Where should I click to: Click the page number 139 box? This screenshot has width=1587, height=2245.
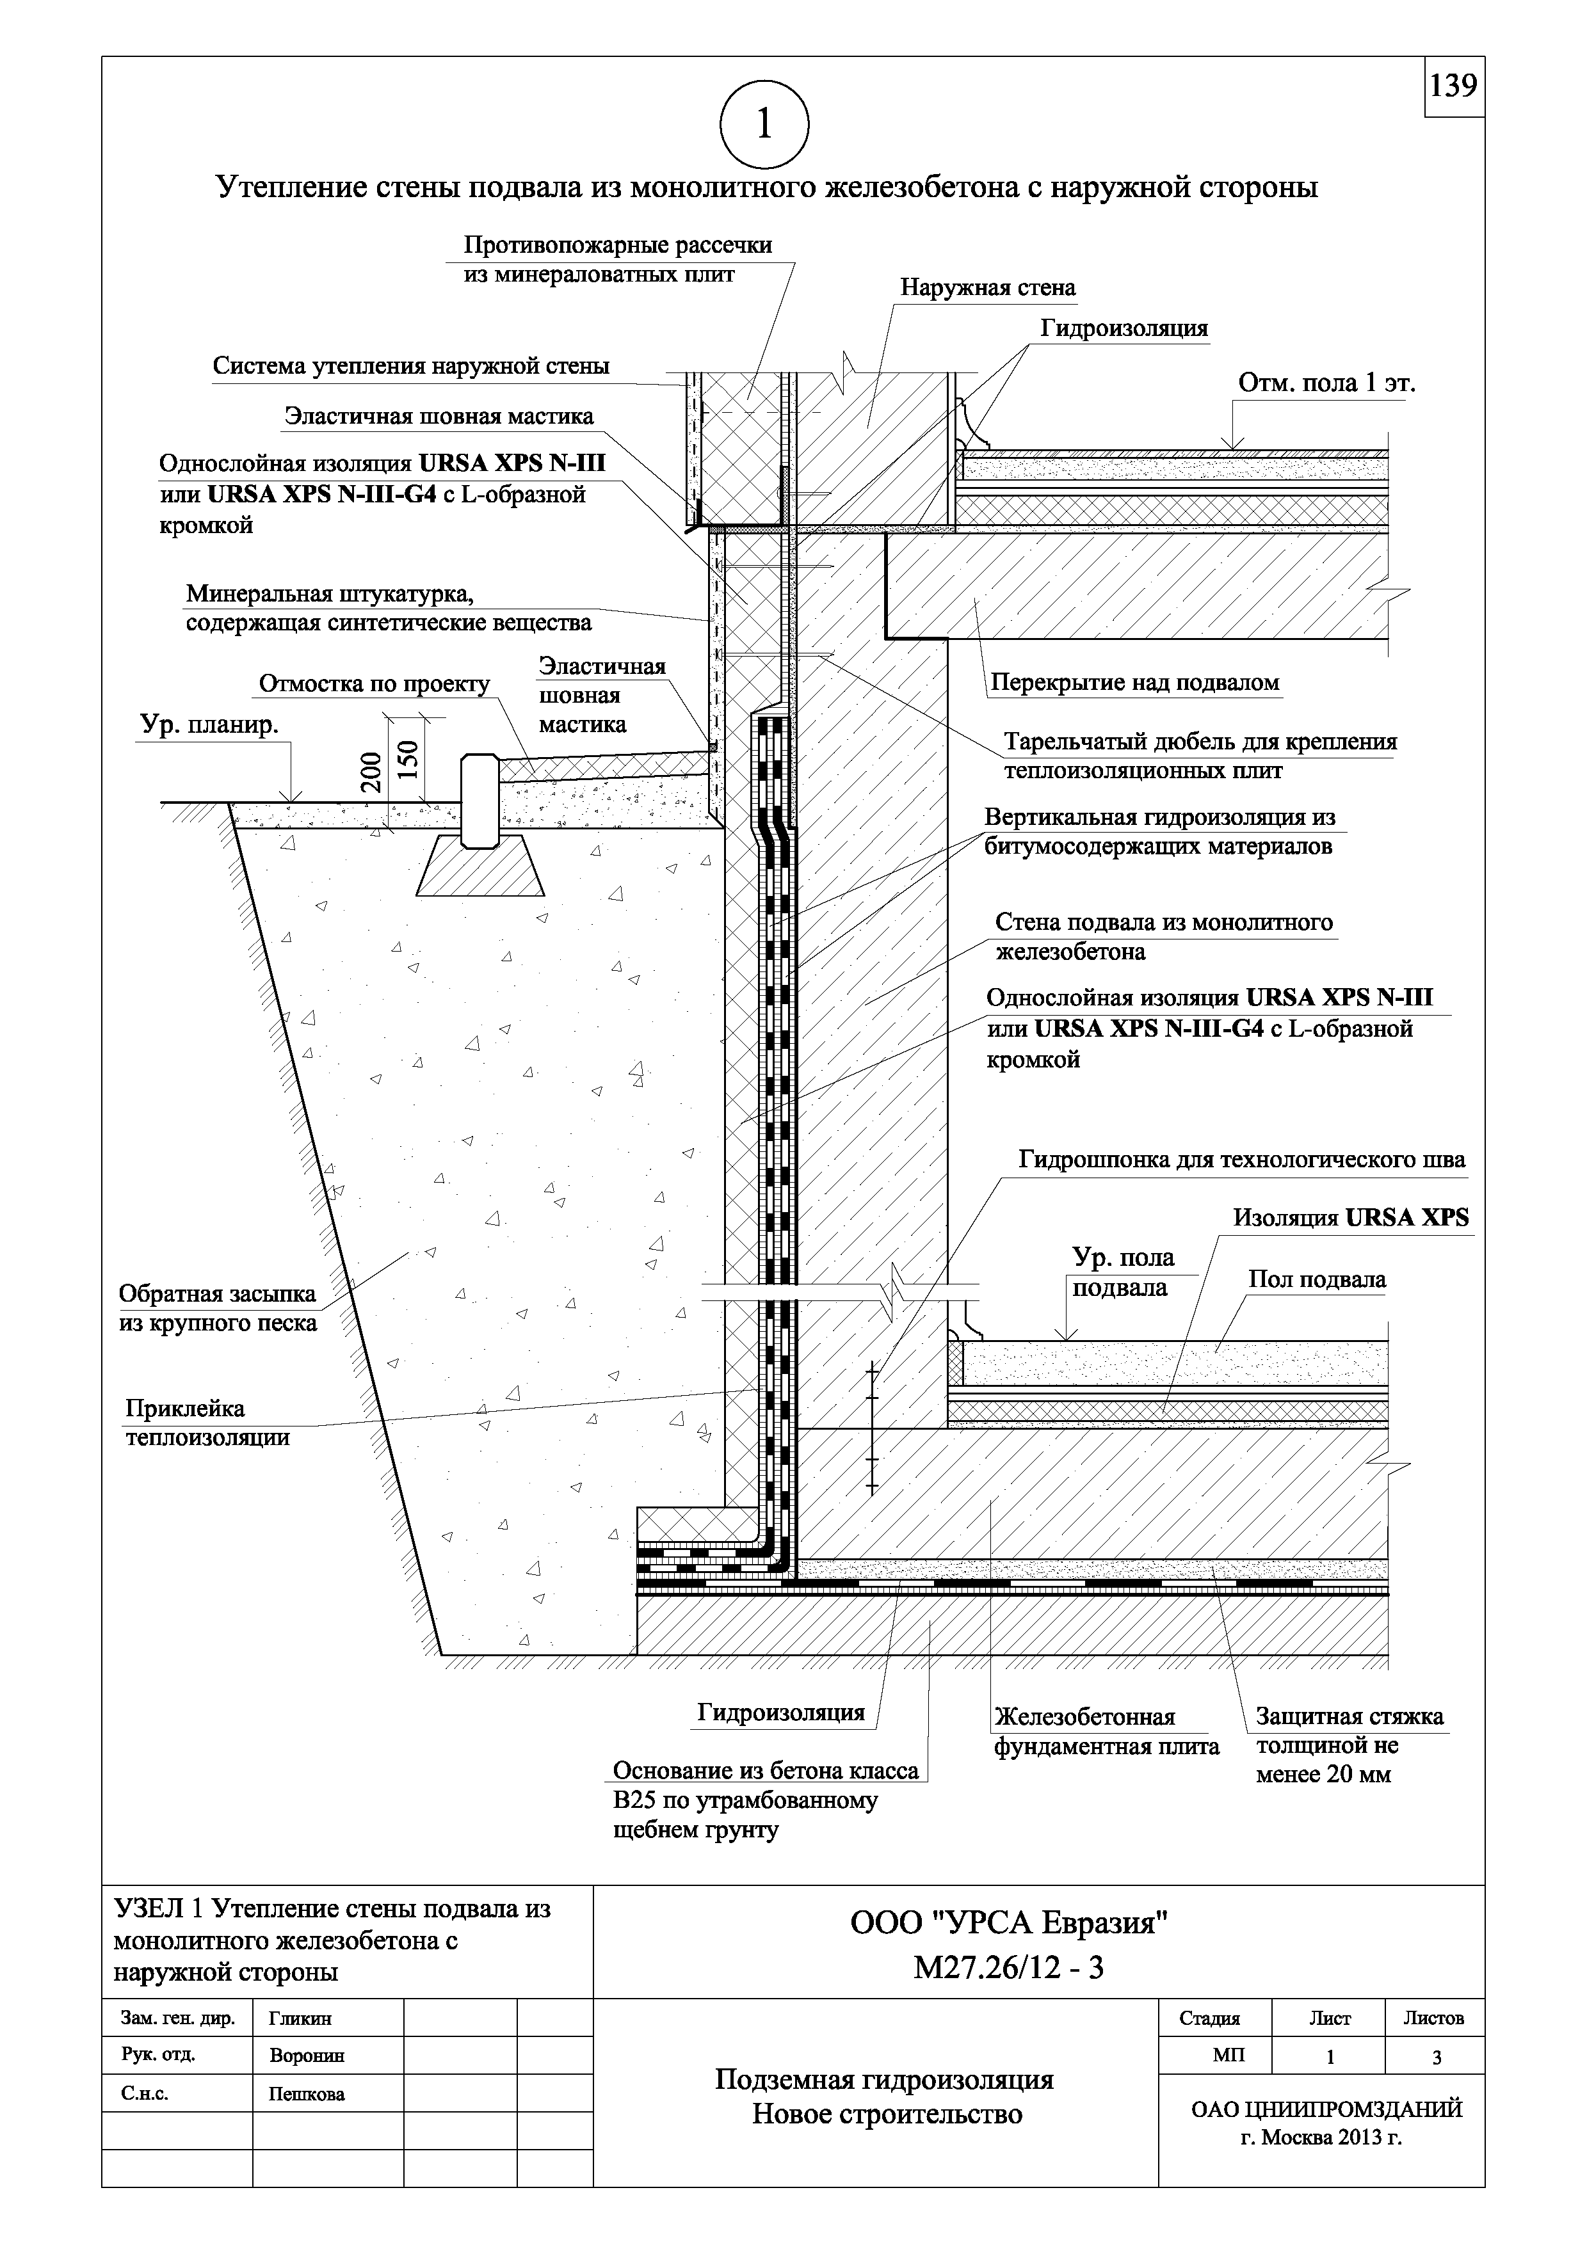[x=1453, y=87]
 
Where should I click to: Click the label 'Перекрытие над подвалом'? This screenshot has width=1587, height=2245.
[x=1134, y=682]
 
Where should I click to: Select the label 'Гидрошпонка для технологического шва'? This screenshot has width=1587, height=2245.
[x=1242, y=1161]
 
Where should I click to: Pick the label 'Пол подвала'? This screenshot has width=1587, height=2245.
[x=1316, y=1280]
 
